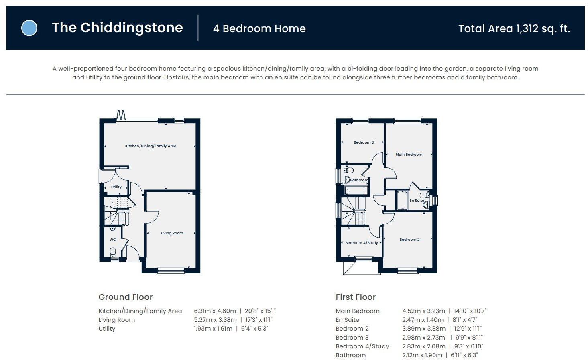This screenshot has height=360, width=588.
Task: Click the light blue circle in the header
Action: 29,28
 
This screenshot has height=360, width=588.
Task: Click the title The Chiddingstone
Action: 117,28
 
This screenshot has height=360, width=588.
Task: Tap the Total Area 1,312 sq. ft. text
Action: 514,28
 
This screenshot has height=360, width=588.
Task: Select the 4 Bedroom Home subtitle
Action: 259,28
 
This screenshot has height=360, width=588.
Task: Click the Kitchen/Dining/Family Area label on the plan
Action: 151,146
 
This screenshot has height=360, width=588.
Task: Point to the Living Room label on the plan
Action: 172,233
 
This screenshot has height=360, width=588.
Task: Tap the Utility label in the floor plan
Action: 116,187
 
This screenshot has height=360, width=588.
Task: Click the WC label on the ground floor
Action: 113,240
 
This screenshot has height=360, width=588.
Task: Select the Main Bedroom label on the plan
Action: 409,155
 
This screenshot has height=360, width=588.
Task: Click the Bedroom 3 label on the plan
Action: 363,142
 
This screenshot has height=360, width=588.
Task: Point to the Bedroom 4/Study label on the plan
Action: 361,243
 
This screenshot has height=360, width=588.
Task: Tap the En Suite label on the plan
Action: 416,201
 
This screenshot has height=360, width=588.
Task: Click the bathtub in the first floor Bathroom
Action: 356,190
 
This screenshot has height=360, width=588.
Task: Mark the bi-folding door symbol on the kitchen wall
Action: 120,115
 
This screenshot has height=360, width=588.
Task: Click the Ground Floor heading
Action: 126,297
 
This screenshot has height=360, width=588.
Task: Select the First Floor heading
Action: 356,297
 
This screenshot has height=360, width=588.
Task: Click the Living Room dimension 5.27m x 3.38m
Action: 215,320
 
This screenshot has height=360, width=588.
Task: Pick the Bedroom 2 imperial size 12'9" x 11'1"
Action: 468,329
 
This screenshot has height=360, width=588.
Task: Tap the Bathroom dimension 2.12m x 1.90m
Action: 422,355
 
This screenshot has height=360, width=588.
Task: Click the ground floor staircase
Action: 117,211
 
